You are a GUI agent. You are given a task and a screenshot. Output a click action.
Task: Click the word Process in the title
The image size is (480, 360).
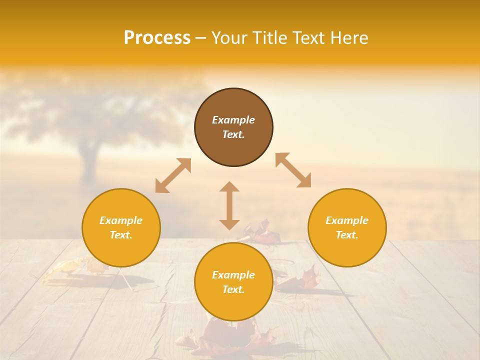(157, 38)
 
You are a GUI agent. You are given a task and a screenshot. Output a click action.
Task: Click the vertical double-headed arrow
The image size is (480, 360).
(229, 205)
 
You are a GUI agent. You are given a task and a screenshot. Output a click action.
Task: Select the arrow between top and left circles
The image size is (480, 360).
(173, 175)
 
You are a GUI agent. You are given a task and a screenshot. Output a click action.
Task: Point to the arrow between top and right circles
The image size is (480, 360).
(293, 170)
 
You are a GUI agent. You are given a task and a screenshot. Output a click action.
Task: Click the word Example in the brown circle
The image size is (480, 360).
(233, 120)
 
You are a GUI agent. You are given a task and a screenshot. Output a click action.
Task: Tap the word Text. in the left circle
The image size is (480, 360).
(121, 235)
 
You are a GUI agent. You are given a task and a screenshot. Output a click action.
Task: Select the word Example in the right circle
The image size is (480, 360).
(347, 220)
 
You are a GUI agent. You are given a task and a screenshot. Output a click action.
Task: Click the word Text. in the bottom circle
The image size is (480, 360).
(233, 289)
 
